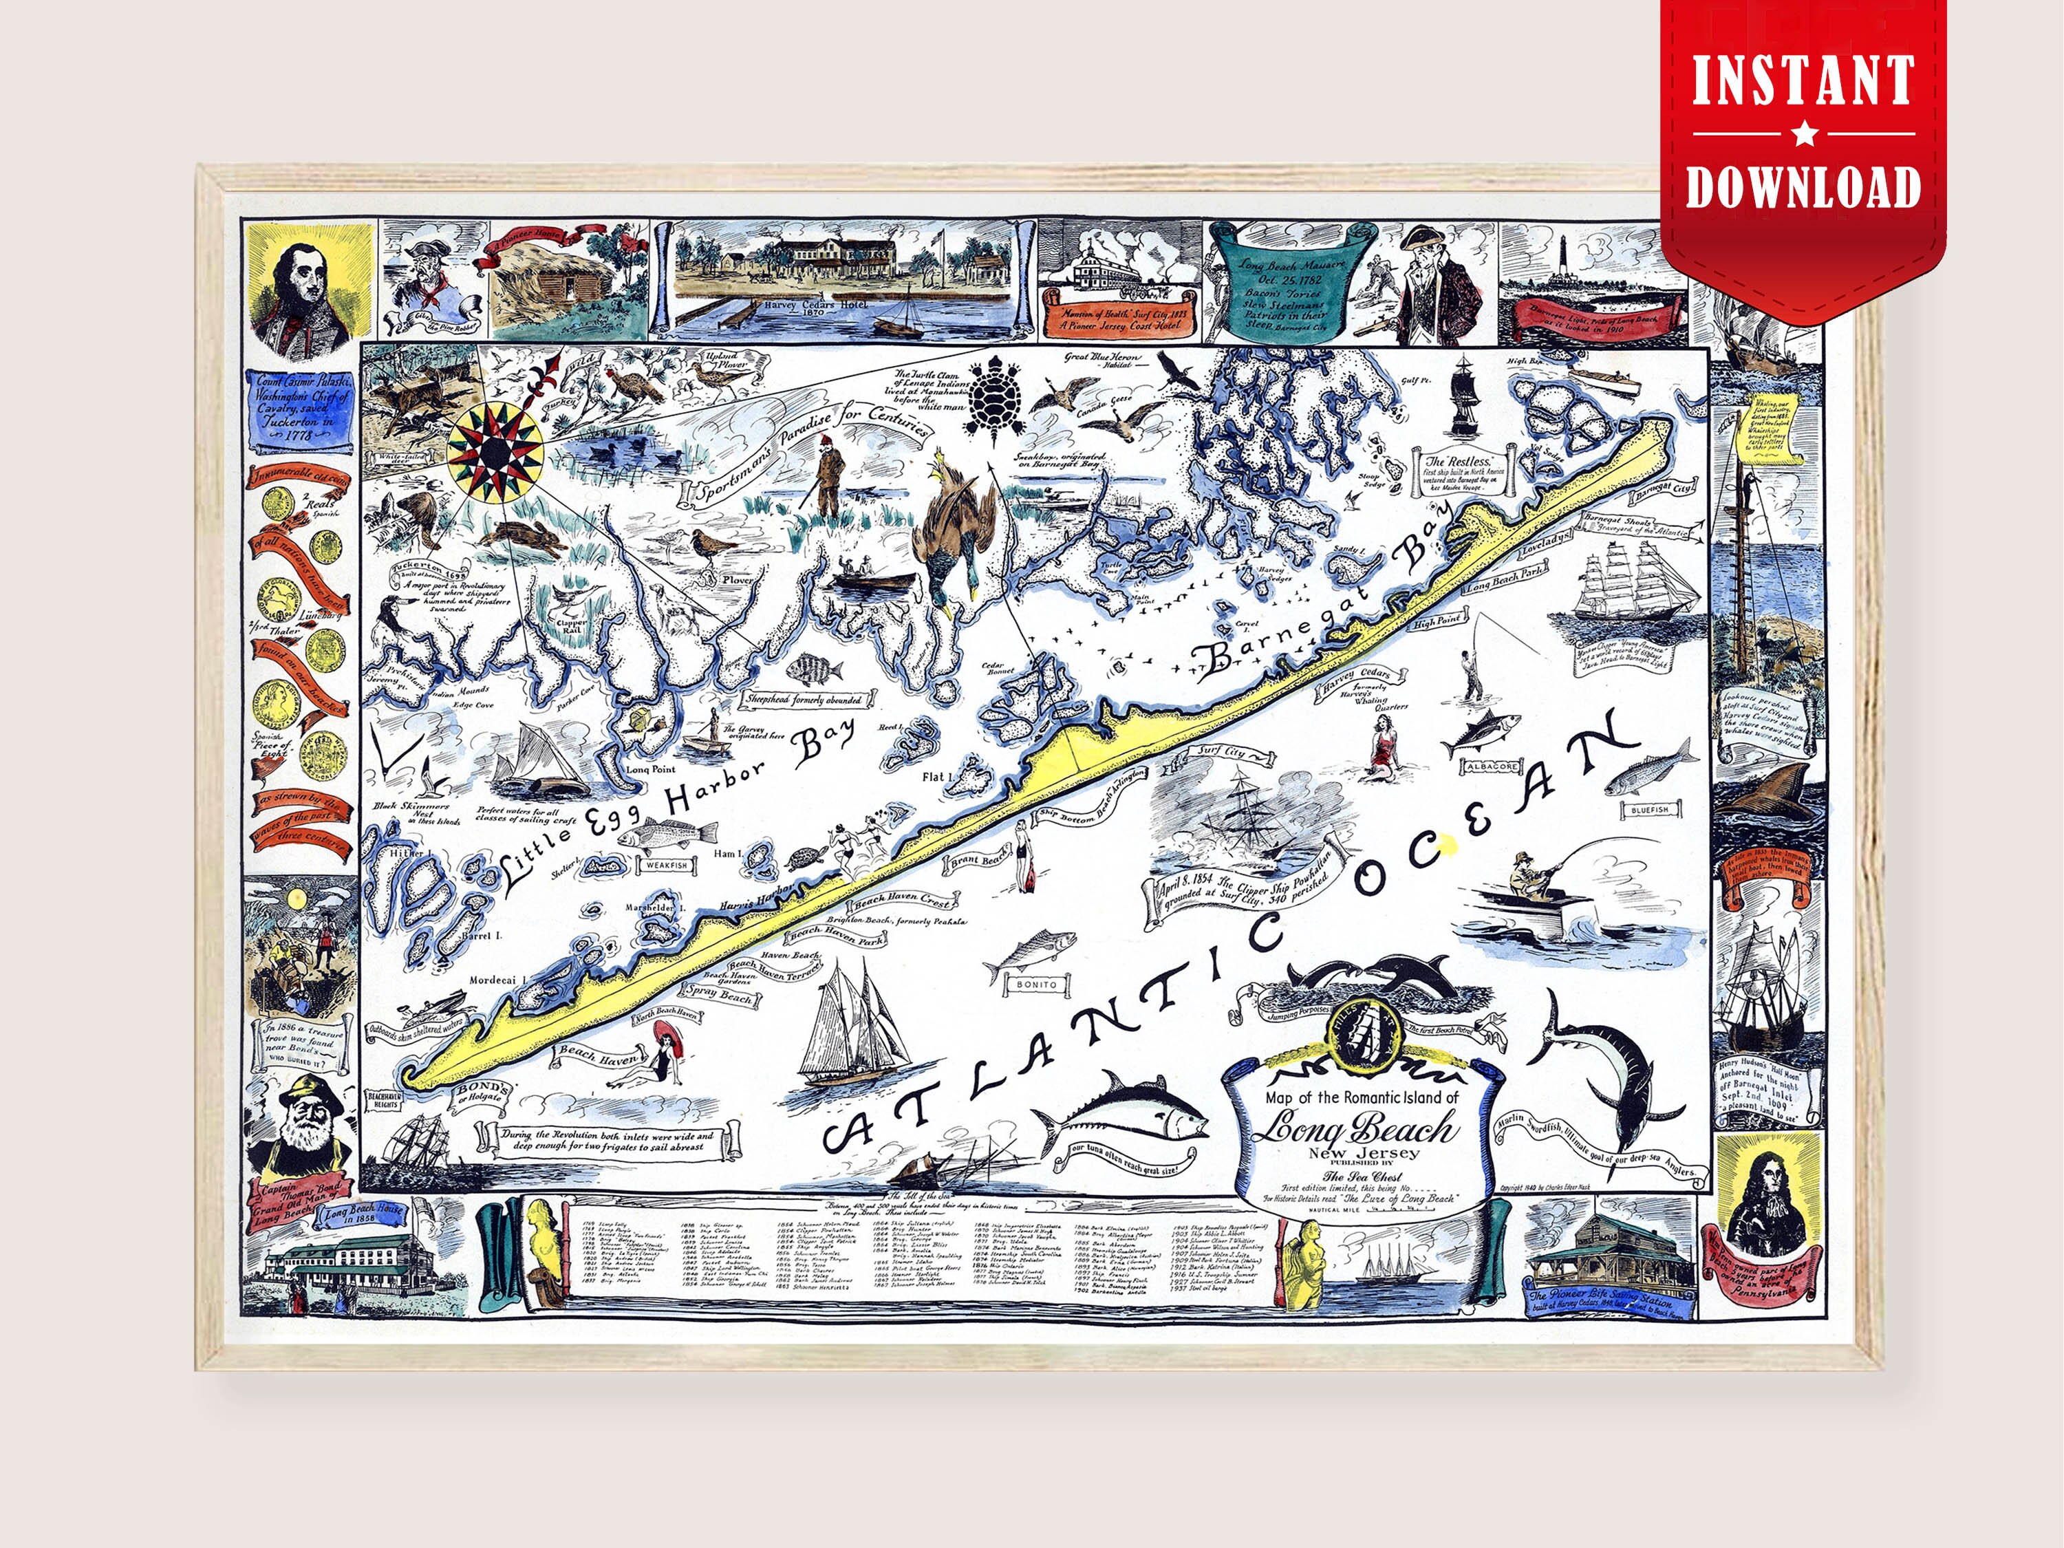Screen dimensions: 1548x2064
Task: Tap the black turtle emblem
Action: click(993, 405)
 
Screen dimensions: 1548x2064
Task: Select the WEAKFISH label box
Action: click(663, 865)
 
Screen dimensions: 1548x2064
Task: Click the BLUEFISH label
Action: click(1651, 809)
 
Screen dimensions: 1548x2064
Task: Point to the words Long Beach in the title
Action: click(1353, 1130)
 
